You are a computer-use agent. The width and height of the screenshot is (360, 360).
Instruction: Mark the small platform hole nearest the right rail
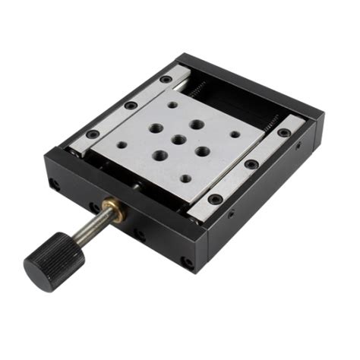coord(235,134)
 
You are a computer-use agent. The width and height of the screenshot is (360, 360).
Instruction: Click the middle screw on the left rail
coord(131,105)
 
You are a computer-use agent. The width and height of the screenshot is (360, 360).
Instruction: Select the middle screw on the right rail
coord(251,164)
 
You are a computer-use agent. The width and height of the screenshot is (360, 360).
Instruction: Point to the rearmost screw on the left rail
coord(166,79)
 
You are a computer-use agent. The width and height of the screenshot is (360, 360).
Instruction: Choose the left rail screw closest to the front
coord(92,134)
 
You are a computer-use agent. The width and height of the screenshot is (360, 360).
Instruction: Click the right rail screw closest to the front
coord(216,199)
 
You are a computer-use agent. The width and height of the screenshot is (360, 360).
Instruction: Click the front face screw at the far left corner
coord(54,183)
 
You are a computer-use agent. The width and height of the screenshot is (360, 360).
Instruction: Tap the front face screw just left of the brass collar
coord(94,206)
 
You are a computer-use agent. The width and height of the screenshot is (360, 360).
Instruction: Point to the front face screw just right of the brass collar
coord(140,233)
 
